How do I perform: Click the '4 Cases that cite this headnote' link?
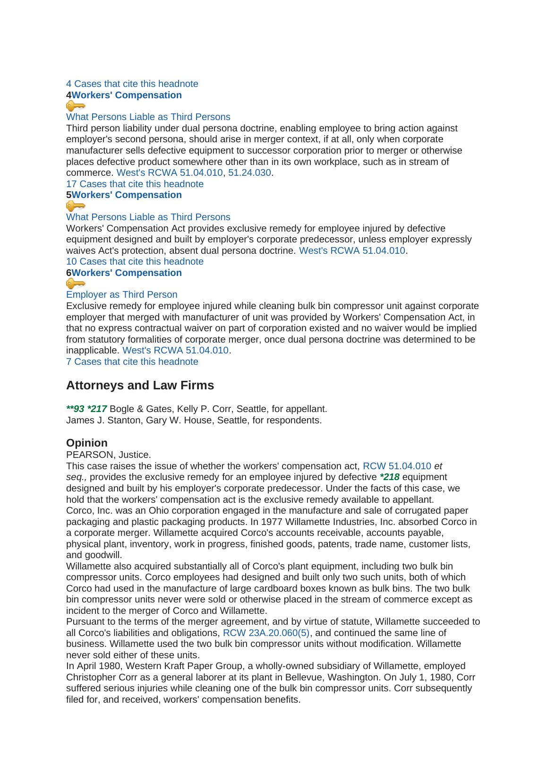coord(132,84)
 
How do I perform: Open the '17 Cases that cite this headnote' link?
coord(135,184)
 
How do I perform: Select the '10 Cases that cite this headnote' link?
coord(135,261)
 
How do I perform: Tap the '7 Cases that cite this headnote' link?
coord(132,361)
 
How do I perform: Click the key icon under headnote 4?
coord(76,106)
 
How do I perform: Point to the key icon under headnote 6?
coord(76,284)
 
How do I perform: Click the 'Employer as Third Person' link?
coord(121,294)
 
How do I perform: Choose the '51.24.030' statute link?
coord(249,172)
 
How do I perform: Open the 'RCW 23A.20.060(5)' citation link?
coord(266,633)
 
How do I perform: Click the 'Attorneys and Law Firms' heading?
coord(140,385)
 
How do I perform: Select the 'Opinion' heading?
coord(87,443)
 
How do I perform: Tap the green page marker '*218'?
coord(390,477)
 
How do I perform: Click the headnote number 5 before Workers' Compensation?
coord(69,195)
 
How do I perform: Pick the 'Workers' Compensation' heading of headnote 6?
coord(127,273)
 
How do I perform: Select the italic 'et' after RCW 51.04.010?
coord(438,466)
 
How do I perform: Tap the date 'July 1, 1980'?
coord(413,677)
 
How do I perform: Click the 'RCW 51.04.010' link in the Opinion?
coord(397,466)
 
